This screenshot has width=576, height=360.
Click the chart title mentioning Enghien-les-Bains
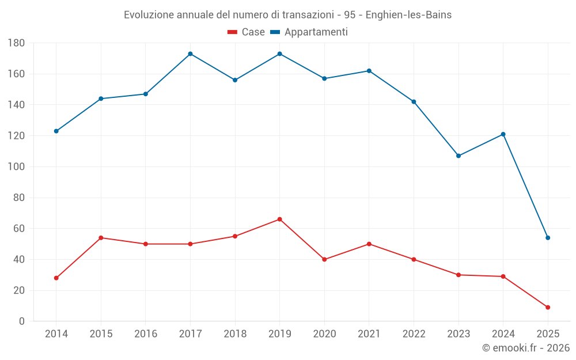(x=287, y=15)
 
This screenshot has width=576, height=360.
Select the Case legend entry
(x=246, y=32)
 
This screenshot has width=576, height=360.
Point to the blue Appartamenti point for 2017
(x=190, y=54)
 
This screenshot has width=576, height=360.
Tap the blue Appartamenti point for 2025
(x=548, y=238)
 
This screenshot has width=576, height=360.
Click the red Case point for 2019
(x=279, y=219)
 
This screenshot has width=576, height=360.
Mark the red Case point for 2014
(x=56, y=278)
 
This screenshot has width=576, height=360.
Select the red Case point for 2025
(x=548, y=308)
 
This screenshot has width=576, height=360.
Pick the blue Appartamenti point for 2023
(x=458, y=156)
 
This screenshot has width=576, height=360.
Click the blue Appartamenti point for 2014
(x=56, y=131)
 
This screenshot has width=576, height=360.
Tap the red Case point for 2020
(x=324, y=259)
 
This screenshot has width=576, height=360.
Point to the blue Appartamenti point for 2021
(x=369, y=71)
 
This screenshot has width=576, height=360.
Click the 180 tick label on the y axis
(x=16, y=43)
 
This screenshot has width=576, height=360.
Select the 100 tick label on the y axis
(x=16, y=167)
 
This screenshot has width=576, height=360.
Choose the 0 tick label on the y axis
(x=21, y=321)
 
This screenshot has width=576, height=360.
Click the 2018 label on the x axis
(x=235, y=334)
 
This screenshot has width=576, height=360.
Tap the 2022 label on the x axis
(x=414, y=334)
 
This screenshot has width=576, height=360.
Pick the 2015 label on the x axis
(x=101, y=334)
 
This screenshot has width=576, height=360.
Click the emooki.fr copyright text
(x=525, y=348)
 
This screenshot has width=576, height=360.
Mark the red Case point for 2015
(x=101, y=238)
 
